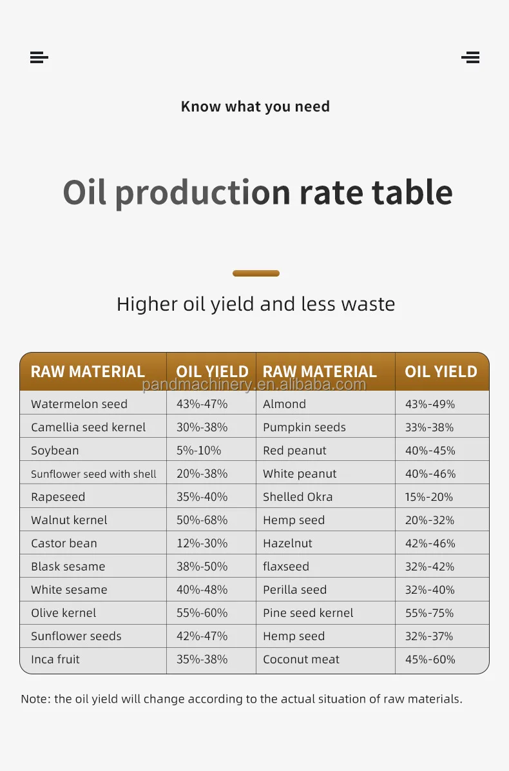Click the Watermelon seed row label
pos(79,404)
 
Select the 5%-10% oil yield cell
pos(198,451)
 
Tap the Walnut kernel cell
pos(69,520)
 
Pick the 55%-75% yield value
pos(429,613)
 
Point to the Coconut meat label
pos(301,659)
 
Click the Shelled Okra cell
pos(298,497)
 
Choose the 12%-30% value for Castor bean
pos(202,543)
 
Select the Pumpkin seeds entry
pos(304,427)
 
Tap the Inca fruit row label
pos(55,659)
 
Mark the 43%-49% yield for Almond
pos(430,404)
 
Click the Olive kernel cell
pos(64,613)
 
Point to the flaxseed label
pos(286,567)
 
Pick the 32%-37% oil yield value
pos(429,636)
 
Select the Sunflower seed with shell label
pos(93,474)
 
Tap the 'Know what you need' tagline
pos(255,106)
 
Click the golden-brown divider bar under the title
pos(256,273)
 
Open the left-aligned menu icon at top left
pos(39,57)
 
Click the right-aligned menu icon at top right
pos(470,57)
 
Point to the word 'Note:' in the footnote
pos(36,699)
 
